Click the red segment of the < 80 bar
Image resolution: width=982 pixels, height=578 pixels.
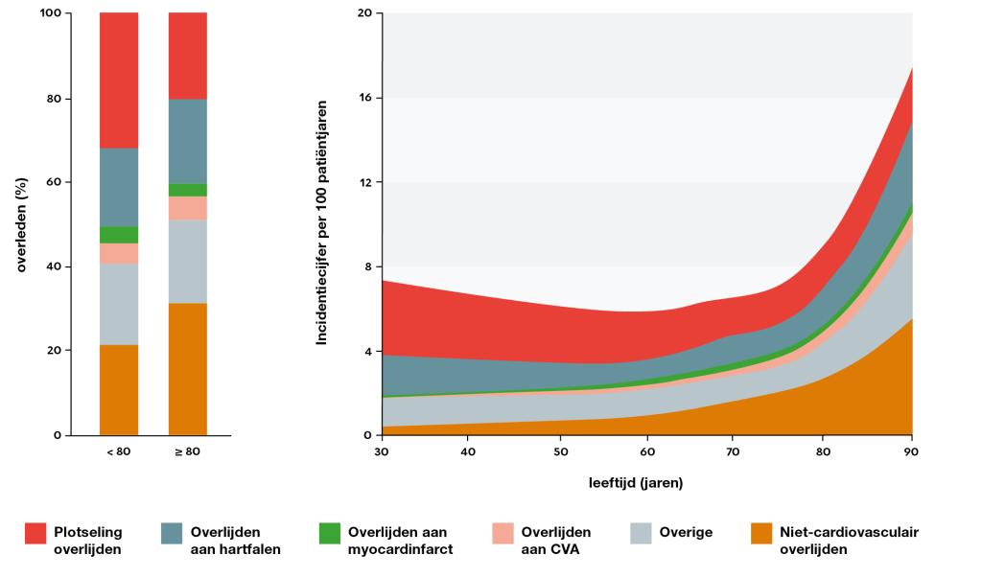click(119, 81)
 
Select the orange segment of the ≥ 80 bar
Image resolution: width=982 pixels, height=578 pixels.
click(188, 369)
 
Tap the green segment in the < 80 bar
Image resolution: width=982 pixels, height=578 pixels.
click(119, 235)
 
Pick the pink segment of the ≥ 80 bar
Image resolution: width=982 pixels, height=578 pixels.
click(188, 208)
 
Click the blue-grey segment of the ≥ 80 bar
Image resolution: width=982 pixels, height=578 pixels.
click(188, 141)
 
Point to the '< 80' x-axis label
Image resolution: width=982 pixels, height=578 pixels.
click(119, 451)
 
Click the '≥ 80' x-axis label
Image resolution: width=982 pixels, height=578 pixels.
click(188, 451)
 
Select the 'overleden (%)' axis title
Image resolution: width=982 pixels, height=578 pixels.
click(21, 223)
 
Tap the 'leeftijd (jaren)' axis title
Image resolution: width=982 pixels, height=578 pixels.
click(636, 482)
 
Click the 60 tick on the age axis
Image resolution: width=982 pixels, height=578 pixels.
click(647, 451)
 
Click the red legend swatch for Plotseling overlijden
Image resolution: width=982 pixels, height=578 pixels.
click(35, 533)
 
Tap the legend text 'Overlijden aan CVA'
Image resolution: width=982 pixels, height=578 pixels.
click(555, 541)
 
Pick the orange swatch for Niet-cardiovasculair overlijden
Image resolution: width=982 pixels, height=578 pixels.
click(762, 533)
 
